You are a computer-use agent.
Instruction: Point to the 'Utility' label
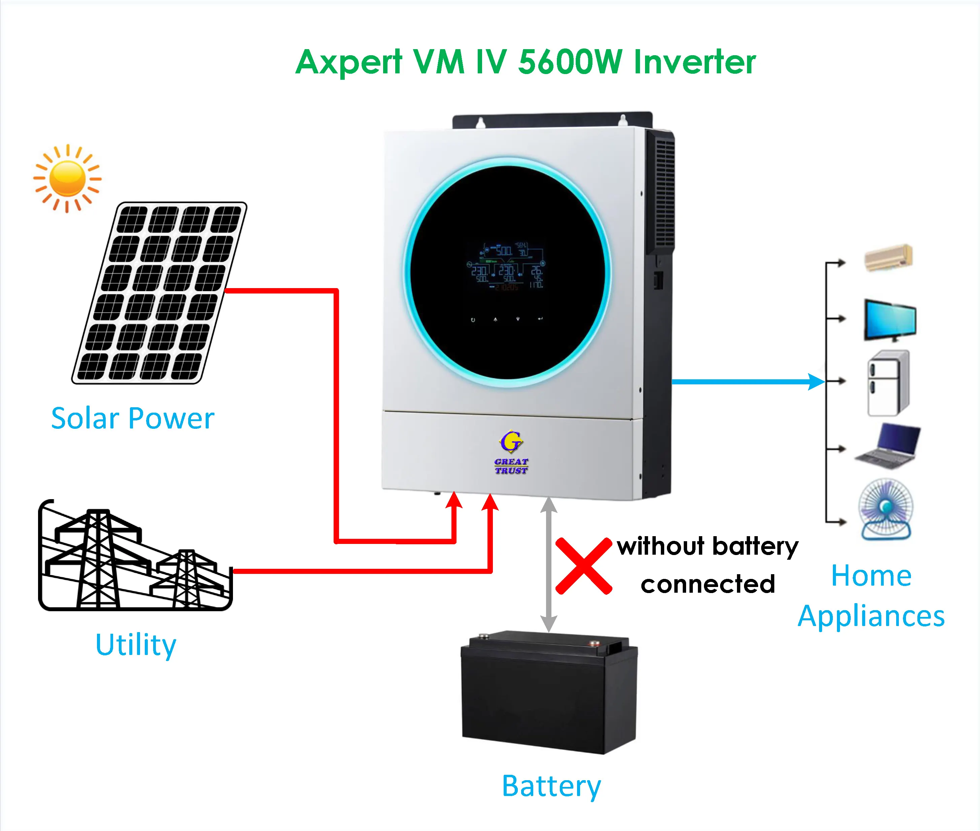(136, 645)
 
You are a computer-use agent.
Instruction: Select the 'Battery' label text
(551, 786)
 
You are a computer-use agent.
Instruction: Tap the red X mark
(584, 566)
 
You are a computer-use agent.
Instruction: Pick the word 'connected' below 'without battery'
(708, 585)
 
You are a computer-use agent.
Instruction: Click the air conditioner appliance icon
(888, 258)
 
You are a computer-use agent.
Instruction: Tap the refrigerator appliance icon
(888, 383)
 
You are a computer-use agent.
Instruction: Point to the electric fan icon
(886, 509)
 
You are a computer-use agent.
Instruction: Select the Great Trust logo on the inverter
(511, 452)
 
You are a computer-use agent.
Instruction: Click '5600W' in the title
(570, 62)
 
